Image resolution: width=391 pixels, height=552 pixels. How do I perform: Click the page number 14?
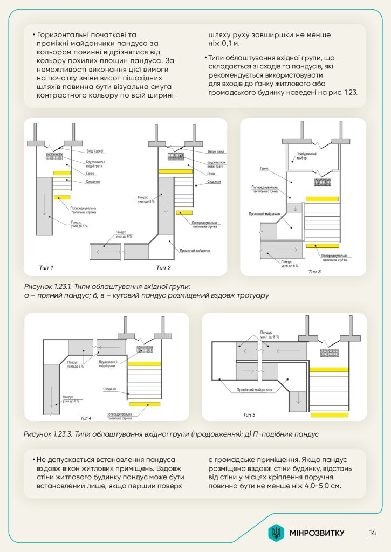click(x=373, y=533)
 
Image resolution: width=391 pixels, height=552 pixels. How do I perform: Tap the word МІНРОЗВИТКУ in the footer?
click(x=316, y=533)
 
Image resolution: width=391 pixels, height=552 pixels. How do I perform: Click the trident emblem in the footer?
click(x=276, y=533)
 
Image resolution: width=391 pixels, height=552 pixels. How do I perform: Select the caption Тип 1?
click(x=46, y=268)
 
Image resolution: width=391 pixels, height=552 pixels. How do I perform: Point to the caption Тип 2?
click(x=163, y=268)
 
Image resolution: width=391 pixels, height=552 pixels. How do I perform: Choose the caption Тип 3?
click(x=314, y=271)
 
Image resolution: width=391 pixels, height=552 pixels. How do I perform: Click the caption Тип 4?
click(x=86, y=418)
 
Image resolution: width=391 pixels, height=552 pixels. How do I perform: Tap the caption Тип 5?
click(x=249, y=414)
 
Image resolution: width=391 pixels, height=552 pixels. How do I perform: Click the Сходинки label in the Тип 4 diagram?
click(x=109, y=389)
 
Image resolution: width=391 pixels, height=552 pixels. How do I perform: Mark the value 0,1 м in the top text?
click(x=228, y=44)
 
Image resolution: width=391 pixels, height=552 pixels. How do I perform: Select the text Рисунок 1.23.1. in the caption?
click(x=51, y=286)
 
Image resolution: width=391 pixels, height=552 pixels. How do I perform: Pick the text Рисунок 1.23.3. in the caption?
click(x=52, y=434)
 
